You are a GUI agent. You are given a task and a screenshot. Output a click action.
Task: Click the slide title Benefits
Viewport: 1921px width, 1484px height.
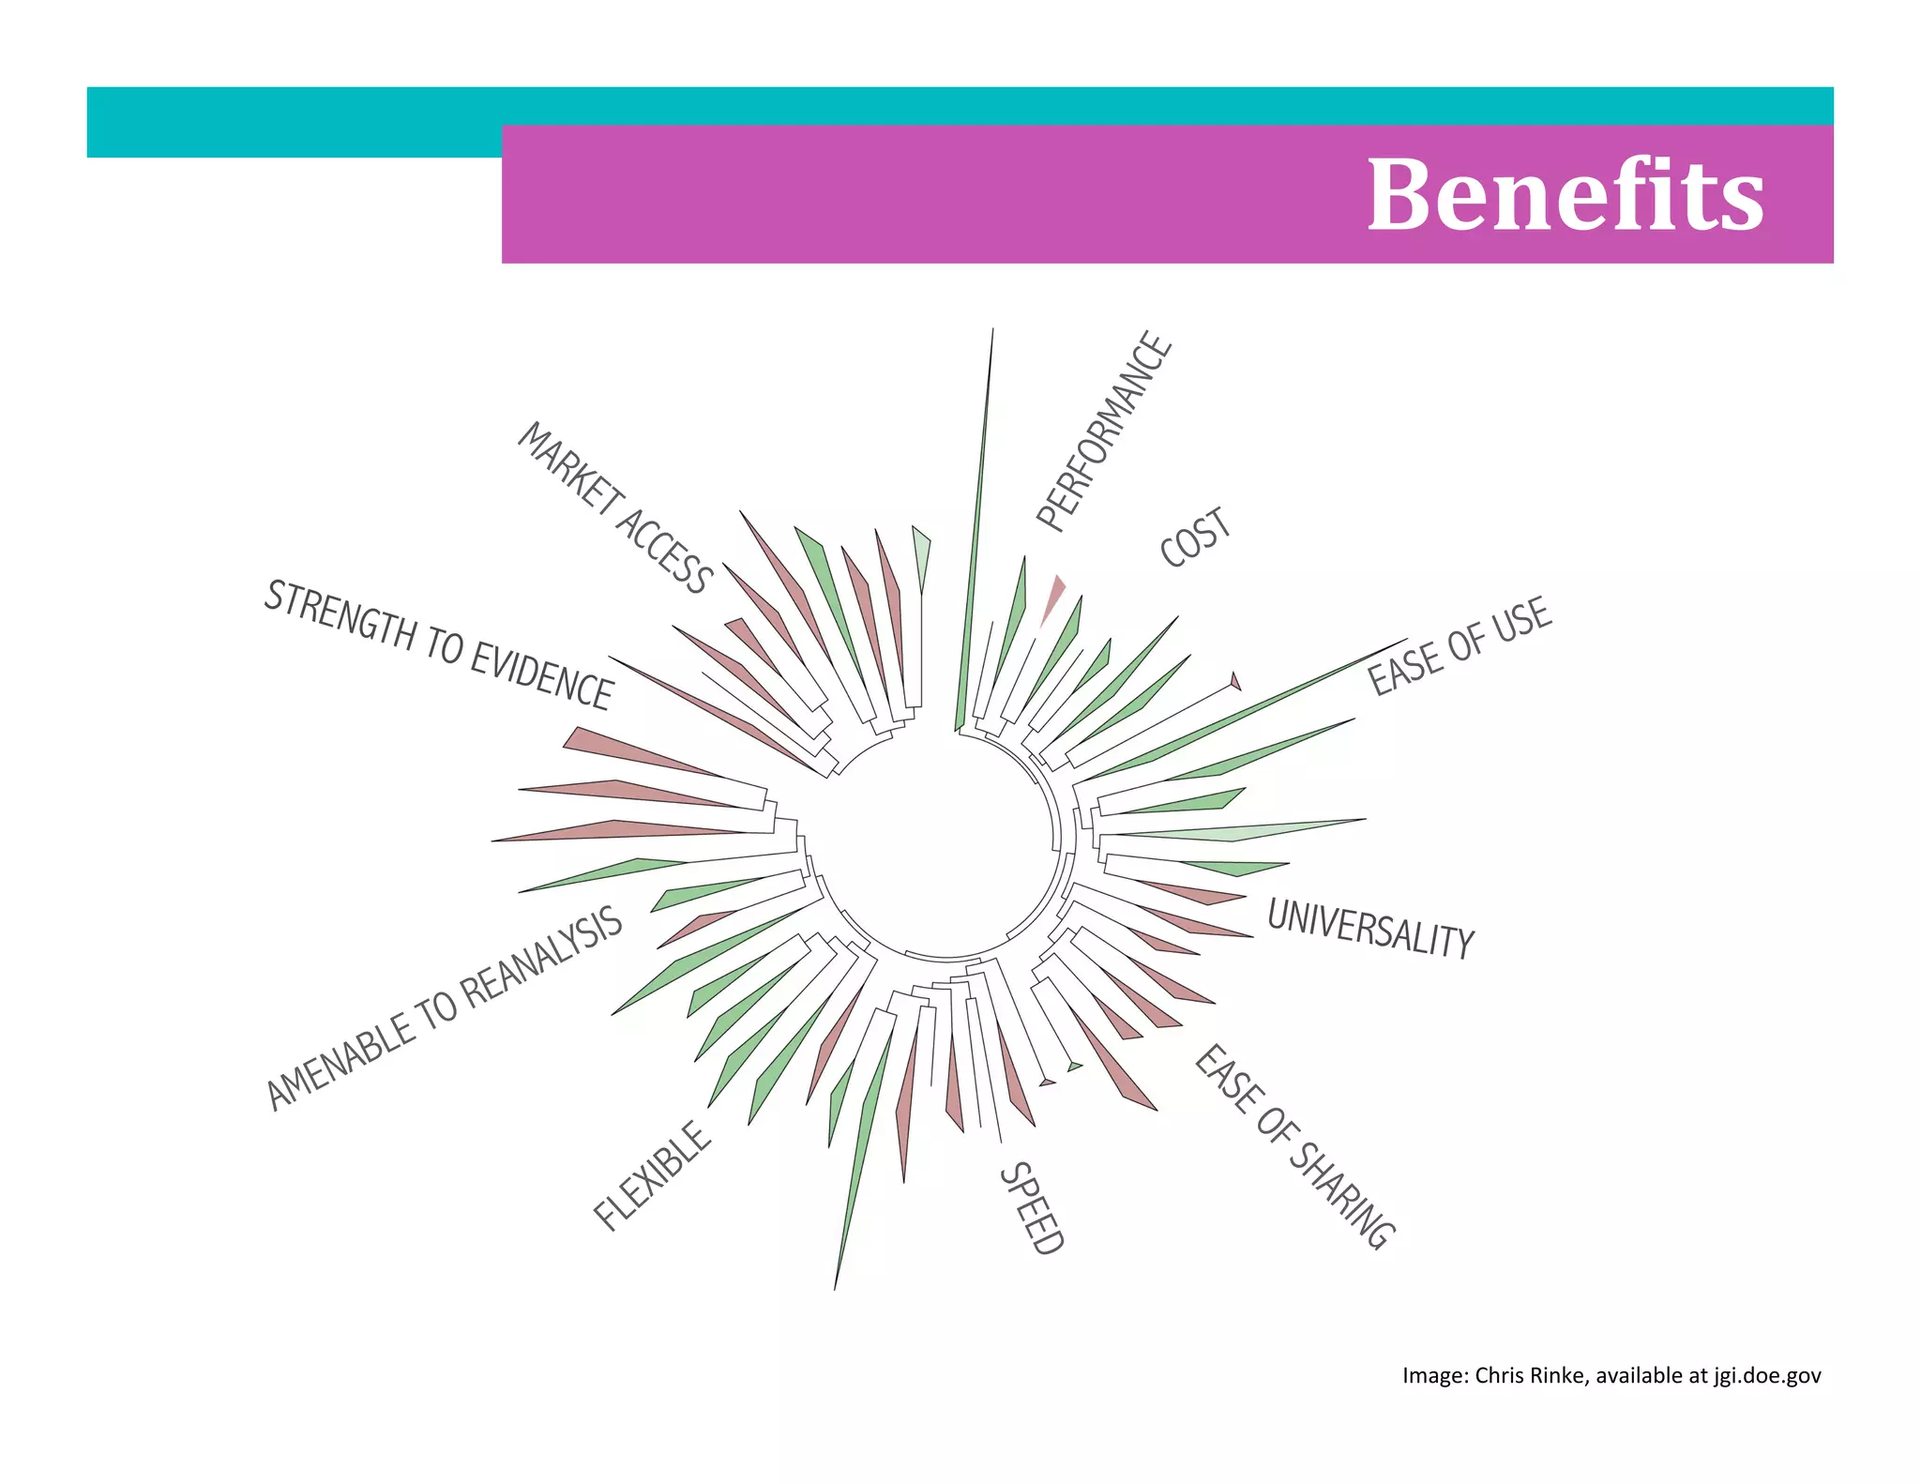(x=1565, y=194)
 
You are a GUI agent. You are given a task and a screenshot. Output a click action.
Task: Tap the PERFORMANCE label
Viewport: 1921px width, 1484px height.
(x=1104, y=432)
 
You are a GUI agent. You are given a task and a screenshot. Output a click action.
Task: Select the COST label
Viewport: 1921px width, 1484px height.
(x=1195, y=538)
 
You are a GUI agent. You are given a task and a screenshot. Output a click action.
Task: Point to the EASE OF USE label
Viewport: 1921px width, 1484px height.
(x=1460, y=646)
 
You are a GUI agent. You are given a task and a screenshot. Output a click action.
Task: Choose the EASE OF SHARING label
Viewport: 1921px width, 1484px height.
(x=1294, y=1146)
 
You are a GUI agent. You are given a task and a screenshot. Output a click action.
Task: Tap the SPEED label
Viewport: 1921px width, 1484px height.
(x=1032, y=1208)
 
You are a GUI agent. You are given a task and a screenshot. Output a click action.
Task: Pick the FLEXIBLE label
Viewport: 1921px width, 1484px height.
(x=653, y=1175)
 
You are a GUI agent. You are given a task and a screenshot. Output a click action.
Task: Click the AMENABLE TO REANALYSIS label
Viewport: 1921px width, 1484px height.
(x=445, y=1008)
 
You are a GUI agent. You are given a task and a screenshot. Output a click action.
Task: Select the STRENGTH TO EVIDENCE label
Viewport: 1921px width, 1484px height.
(x=439, y=644)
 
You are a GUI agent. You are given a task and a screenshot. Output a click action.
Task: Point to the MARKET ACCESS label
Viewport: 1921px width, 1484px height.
(x=615, y=507)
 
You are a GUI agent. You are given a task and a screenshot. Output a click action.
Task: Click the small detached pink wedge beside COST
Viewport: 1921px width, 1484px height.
(x=1053, y=598)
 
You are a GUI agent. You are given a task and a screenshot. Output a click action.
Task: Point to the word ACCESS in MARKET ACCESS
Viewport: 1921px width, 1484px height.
(x=663, y=550)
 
